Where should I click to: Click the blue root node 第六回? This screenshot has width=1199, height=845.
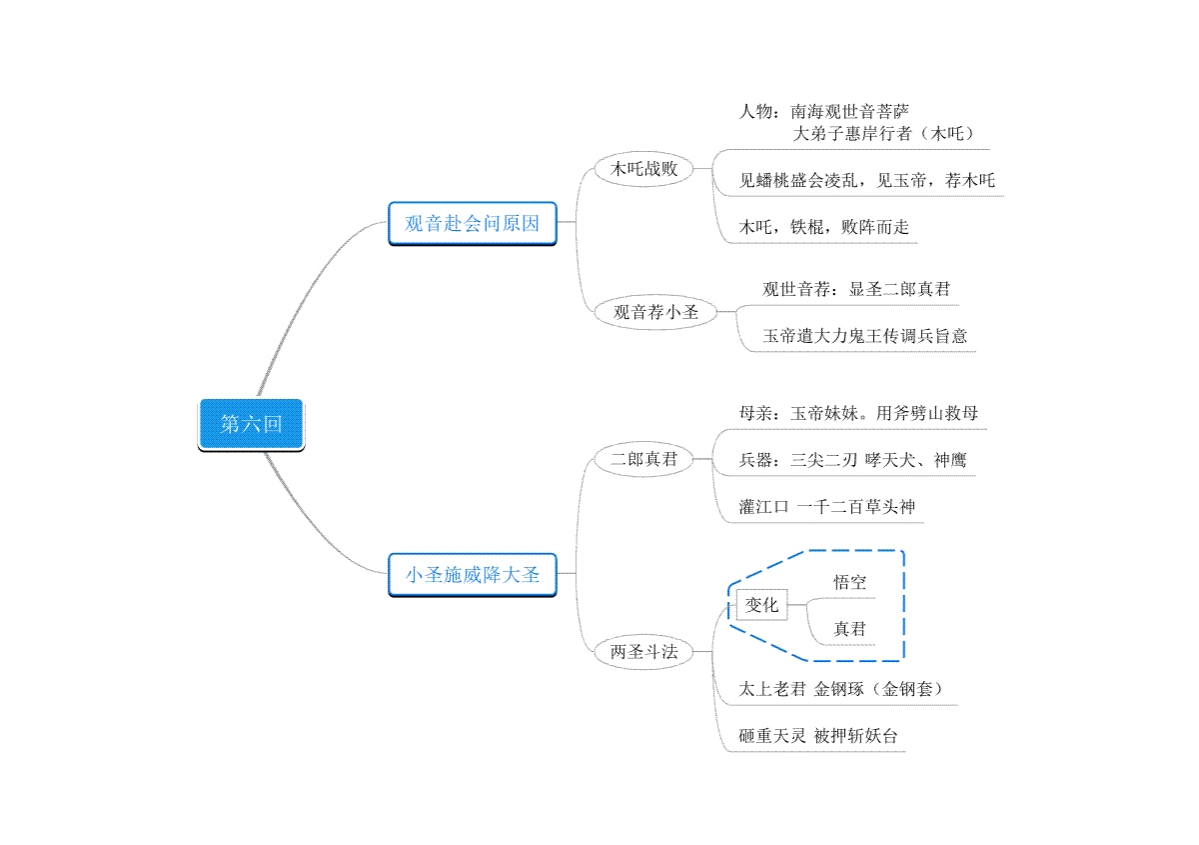(251, 424)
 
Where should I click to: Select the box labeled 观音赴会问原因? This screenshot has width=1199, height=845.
(472, 223)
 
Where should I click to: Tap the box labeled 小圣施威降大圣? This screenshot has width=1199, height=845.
(472, 575)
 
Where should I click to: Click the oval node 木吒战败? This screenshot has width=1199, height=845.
(643, 169)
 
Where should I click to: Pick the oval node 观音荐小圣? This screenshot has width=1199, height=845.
(655, 312)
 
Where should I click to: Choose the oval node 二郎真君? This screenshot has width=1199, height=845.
(643, 459)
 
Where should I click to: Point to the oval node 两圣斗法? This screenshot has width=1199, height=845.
(643, 652)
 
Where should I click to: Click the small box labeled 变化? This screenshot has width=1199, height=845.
(761, 605)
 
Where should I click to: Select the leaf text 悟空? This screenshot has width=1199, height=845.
(849, 582)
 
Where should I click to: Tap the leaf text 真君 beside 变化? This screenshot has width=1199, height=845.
(849, 629)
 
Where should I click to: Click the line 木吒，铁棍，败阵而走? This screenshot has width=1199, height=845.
(823, 227)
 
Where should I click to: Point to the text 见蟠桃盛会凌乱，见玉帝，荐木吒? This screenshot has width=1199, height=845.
(866, 181)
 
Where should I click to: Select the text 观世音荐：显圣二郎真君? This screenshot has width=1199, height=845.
(856, 289)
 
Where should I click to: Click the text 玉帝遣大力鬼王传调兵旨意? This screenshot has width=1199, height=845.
(865, 336)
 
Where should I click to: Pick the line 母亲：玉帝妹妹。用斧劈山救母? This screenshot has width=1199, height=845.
(858, 413)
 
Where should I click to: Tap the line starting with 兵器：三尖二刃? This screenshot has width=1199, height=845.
(852, 460)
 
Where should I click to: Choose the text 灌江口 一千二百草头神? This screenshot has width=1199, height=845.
(827, 506)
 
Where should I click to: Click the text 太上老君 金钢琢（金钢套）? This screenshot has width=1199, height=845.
(841, 689)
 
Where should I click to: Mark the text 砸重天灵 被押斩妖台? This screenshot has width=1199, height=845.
(818, 736)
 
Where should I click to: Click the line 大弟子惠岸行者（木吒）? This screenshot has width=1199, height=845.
(883, 133)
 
